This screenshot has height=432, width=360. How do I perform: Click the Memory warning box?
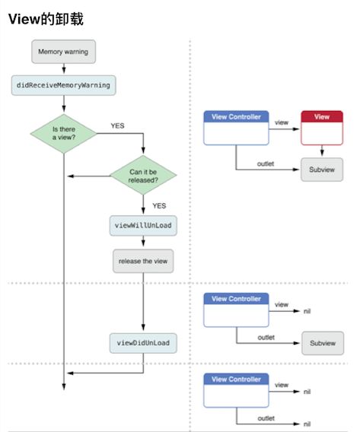(x=64, y=52)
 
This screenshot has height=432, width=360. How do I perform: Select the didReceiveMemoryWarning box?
(x=63, y=85)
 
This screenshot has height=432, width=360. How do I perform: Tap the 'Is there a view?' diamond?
(x=64, y=134)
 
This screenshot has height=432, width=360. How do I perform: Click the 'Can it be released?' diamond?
(x=143, y=175)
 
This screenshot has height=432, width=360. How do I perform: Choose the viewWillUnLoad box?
(x=143, y=226)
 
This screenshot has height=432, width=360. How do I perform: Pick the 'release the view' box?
(x=143, y=261)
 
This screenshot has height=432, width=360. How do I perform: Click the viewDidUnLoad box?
(x=143, y=343)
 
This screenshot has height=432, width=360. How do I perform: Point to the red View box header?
(x=322, y=116)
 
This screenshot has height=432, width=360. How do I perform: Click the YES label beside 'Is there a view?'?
(x=117, y=125)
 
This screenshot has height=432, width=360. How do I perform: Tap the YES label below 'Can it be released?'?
(x=159, y=206)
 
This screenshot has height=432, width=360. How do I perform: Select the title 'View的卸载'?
(x=46, y=19)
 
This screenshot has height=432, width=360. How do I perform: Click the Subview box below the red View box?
(x=322, y=170)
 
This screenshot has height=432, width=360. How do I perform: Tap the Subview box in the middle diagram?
(x=323, y=343)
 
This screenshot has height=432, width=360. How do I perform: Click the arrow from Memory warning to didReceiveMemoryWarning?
(x=64, y=68)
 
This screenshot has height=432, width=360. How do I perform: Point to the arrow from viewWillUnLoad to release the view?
(x=143, y=241)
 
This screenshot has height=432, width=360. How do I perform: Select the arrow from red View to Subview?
(x=322, y=151)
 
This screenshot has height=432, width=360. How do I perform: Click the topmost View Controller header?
(x=236, y=116)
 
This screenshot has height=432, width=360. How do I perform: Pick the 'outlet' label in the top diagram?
(x=266, y=164)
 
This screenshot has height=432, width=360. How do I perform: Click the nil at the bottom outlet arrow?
(x=307, y=424)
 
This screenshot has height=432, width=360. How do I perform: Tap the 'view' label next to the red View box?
(x=282, y=122)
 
